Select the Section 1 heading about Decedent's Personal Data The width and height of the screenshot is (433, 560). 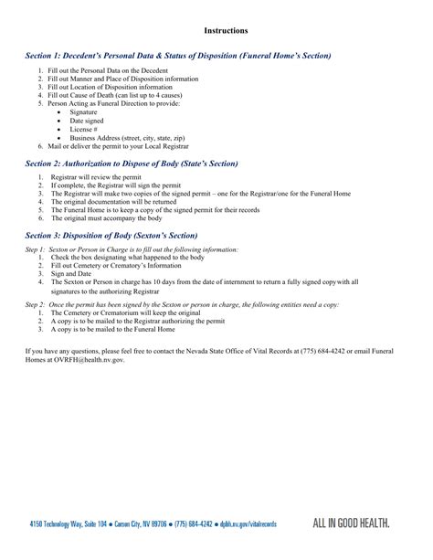(x=178, y=57)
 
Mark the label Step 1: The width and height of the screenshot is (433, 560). (x=33, y=248)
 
